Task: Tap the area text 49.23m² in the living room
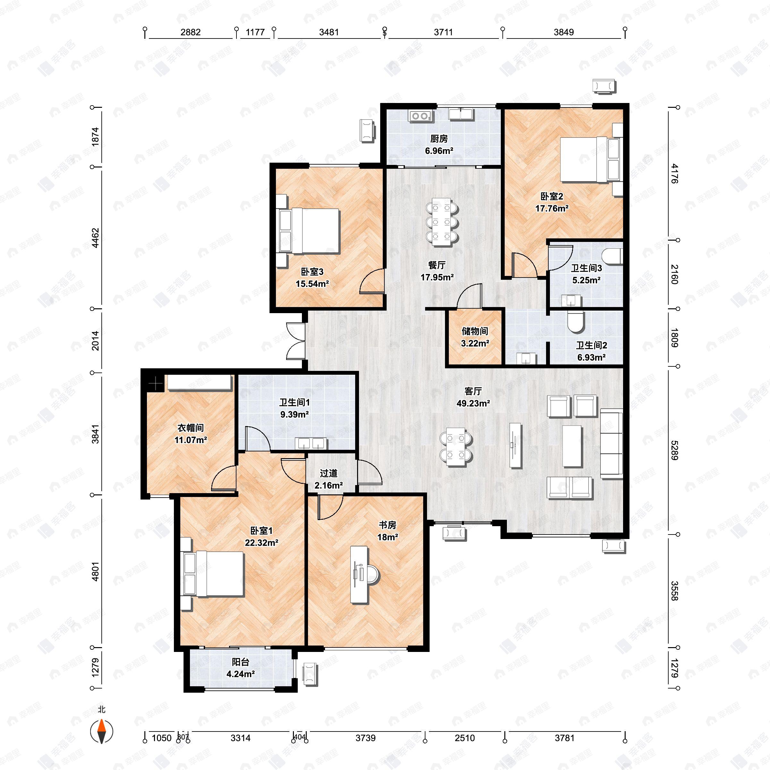[473, 403]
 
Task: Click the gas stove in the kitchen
[421, 116]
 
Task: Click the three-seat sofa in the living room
[611, 443]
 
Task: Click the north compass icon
[102, 732]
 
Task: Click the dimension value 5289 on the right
[673, 450]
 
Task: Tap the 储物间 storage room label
[475, 331]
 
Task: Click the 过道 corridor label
[329, 474]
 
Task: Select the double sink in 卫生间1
[311, 443]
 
